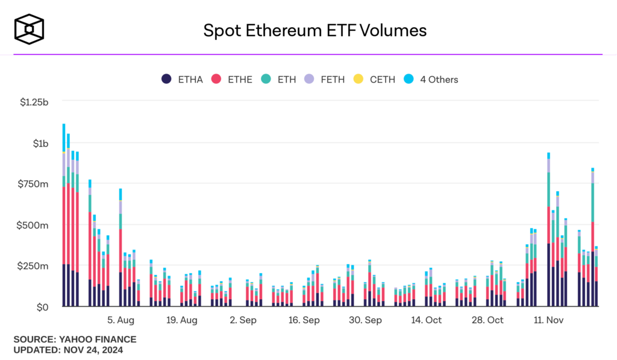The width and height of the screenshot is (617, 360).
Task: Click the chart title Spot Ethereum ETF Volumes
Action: click(315, 30)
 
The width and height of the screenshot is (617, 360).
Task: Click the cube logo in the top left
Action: click(30, 28)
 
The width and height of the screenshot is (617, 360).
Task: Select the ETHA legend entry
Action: click(183, 79)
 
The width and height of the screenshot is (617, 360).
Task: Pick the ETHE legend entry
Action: click(231, 79)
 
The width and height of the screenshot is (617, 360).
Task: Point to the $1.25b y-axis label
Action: click(33, 102)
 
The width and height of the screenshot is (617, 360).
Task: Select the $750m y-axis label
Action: click(37, 184)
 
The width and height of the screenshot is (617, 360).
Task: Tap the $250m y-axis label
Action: click(37, 266)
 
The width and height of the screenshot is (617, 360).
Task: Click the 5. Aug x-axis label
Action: click(121, 320)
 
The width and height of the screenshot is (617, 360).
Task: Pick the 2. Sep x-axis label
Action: click(243, 320)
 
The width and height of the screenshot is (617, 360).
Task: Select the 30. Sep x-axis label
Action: click(365, 320)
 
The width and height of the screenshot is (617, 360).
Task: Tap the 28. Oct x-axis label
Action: click(487, 320)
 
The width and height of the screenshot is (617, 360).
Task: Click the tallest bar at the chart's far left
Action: click(64, 217)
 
